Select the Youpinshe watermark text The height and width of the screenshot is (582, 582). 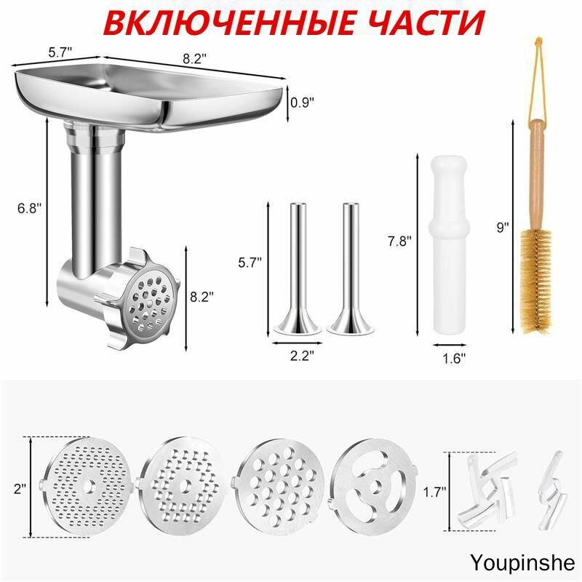click(x=522, y=562)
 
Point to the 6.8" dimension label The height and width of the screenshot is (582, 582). click(x=30, y=207)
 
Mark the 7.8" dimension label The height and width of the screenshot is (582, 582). click(x=399, y=239)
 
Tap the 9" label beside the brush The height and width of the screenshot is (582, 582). click(x=502, y=227)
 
